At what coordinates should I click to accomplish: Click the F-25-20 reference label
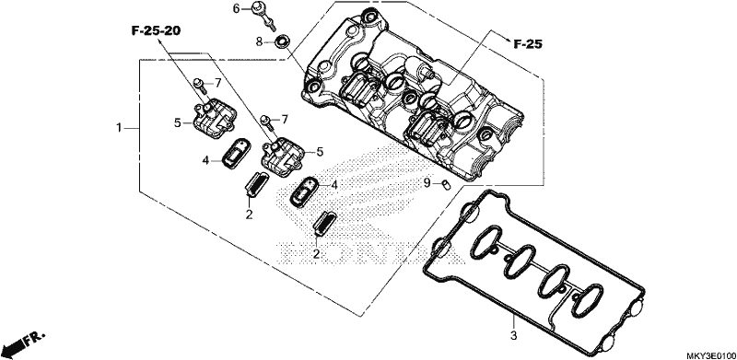156,31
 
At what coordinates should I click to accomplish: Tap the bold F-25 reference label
527,44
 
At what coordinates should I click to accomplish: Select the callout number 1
120,127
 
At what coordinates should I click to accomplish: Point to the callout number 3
514,336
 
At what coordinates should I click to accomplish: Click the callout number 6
237,8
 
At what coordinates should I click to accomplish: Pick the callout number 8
259,41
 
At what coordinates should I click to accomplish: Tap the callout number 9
427,183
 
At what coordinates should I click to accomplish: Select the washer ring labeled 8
281,41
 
